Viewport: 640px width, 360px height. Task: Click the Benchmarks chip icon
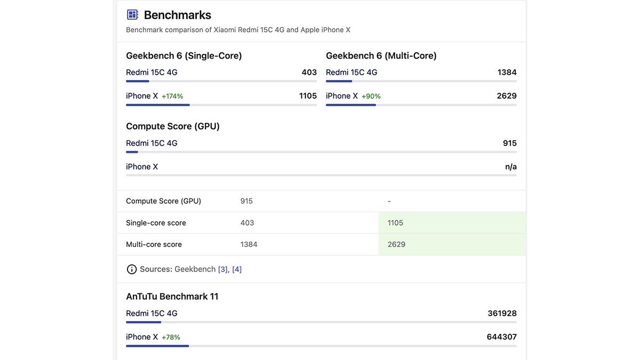132,15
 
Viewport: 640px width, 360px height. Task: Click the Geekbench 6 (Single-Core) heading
183,55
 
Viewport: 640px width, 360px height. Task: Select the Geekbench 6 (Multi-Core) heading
381,55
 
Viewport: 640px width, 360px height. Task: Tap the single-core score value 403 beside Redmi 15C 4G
309,73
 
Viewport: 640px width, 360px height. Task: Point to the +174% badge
172,97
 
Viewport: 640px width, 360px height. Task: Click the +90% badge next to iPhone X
371,97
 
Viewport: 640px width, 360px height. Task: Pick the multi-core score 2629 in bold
507,96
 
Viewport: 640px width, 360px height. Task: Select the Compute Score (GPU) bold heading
173,126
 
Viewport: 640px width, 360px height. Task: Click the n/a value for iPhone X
510,167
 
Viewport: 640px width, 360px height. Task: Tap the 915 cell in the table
246,201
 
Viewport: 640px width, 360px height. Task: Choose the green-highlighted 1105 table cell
396,223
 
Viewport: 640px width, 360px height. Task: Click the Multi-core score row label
154,244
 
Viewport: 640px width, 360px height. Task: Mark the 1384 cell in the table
249,244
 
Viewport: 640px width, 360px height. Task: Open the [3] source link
223,269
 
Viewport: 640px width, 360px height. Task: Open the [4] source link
237,269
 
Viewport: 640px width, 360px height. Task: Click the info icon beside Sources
132,269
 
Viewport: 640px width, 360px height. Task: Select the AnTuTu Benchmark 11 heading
172,297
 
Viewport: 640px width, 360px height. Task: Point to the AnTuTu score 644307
501,337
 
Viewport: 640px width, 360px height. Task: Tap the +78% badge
171,338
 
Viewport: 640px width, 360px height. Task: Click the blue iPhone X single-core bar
158,105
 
